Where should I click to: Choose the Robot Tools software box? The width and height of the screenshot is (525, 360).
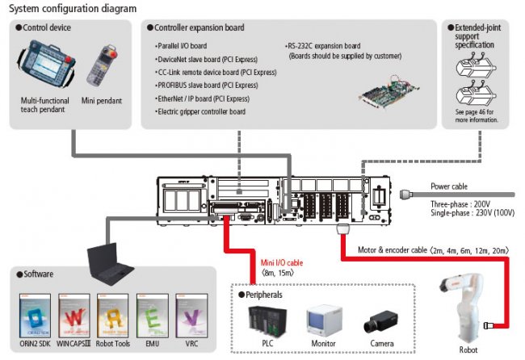pyautogui.click(x=111, y=314)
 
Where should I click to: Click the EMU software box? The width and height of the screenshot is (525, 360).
pyautogui.click(x=152, y=314)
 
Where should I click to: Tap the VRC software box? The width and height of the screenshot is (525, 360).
pyautogui.click(x=191, y=314)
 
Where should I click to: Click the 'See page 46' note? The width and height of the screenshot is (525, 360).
pyautogui.click(x=477, y=116)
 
